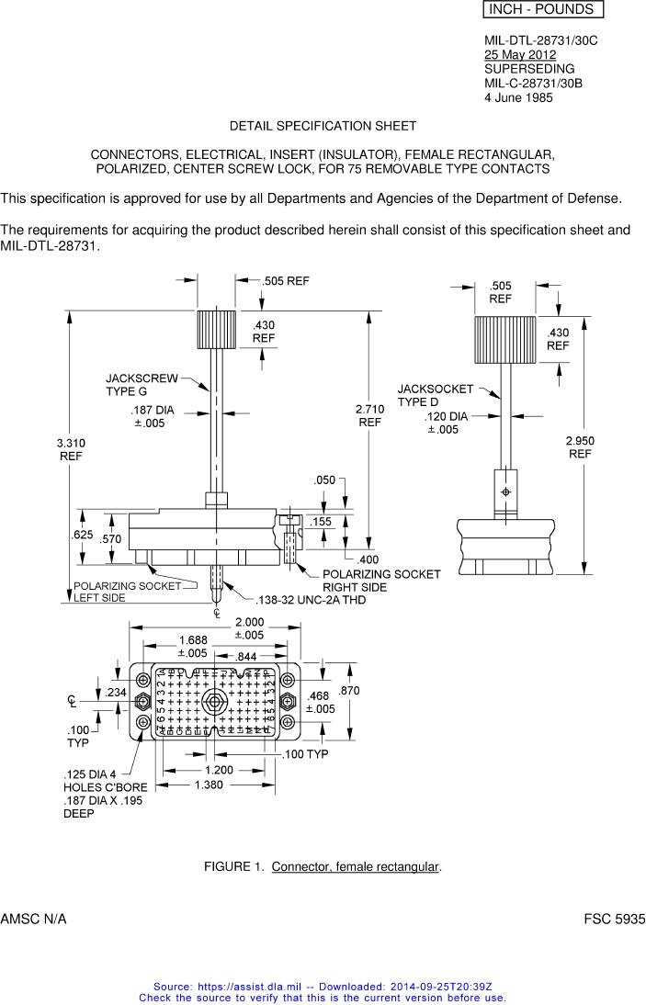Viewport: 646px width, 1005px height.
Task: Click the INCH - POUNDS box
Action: point(542,10)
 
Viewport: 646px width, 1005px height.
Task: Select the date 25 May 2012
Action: point(520,55)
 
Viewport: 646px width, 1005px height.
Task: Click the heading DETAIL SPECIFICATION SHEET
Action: point(323,125)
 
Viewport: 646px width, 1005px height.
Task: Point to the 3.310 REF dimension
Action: point(72,449)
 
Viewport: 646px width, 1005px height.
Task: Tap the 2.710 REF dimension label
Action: point(369,415)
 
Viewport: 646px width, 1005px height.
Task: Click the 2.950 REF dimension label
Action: point(581,447)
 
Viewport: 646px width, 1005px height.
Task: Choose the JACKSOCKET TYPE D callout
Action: point(435,395)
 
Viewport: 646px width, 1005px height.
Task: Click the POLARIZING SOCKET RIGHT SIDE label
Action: point(380,581)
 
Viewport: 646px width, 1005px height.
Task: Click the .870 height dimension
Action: point(350,691)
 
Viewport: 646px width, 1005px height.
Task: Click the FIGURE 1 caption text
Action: point(323,866)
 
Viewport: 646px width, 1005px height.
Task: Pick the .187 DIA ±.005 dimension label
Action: point(152,417)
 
